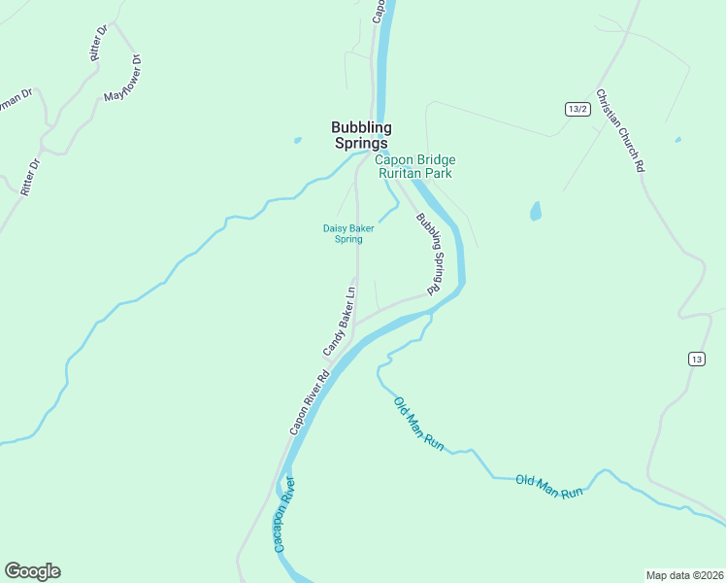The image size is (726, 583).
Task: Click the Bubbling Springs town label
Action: pyautogui.click(x=361, y=135)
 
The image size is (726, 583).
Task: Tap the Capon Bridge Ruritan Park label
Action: pyautogui.click(x=415, y=166)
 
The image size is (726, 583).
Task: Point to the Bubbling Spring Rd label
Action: pyautogui.click(x=429, y=255)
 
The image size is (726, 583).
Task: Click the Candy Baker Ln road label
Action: pyautogui.click(x=340, y=321)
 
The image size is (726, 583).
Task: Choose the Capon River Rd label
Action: pyautogui.click(x=310, y=402)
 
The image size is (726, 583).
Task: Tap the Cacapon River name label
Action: pyautogui.click(x=283, y=515)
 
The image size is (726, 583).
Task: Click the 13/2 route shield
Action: pyautogui.click(x=577, y=109)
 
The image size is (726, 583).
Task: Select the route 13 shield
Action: pyautogui.click(x=696, y=359)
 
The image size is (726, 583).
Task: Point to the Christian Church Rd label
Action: pyautogui.click(x=620, y=130)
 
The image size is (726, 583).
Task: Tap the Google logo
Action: pyautogui.click(x=32, y=571)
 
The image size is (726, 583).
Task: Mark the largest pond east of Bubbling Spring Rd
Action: pyautogui.click(x=535, y=210)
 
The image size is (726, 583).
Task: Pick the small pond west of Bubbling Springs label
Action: pyautogui.click(x=298, y=140)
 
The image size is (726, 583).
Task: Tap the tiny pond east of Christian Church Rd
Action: pyautogui.click(x=676, y=140)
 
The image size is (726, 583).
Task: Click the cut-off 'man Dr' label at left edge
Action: pyautogui.click(x=16, y=100)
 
